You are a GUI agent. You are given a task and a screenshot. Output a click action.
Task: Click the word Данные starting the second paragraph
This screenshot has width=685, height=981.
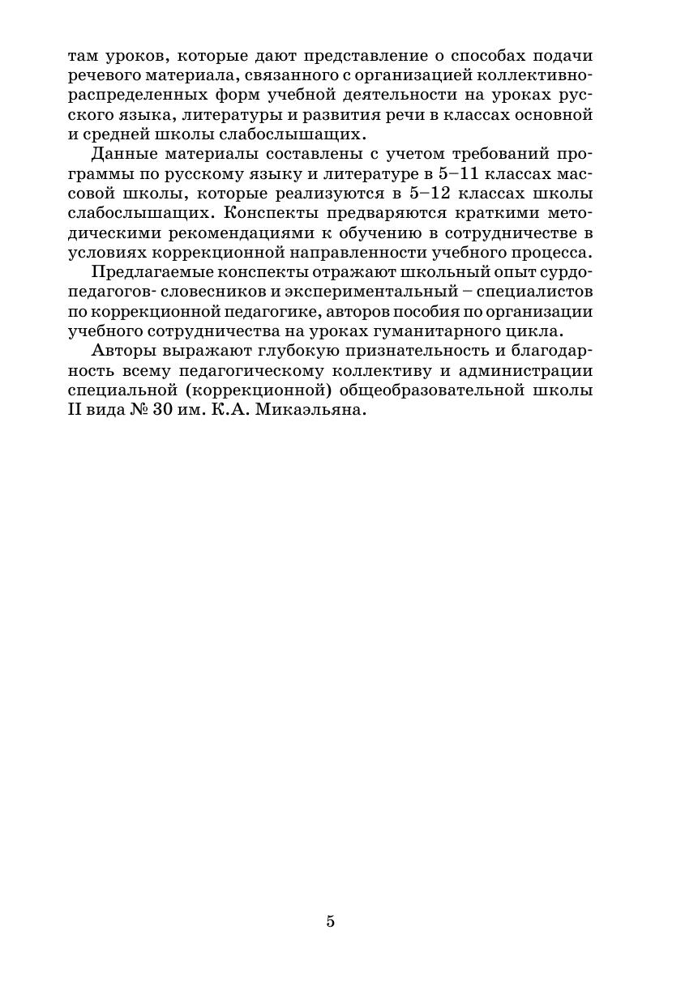(x=123, y=154)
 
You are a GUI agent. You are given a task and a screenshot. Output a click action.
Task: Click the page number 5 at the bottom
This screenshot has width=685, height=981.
(x=331, y=921)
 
